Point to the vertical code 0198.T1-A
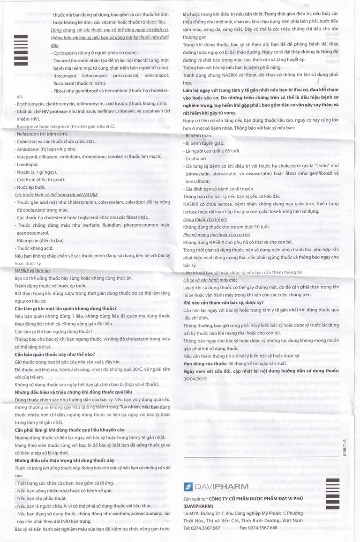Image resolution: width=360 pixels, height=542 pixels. [x=345, y=448]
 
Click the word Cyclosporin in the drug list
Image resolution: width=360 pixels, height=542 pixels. [x=70, y=53]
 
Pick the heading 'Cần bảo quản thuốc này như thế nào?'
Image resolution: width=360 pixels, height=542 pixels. [x=55, y=354]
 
